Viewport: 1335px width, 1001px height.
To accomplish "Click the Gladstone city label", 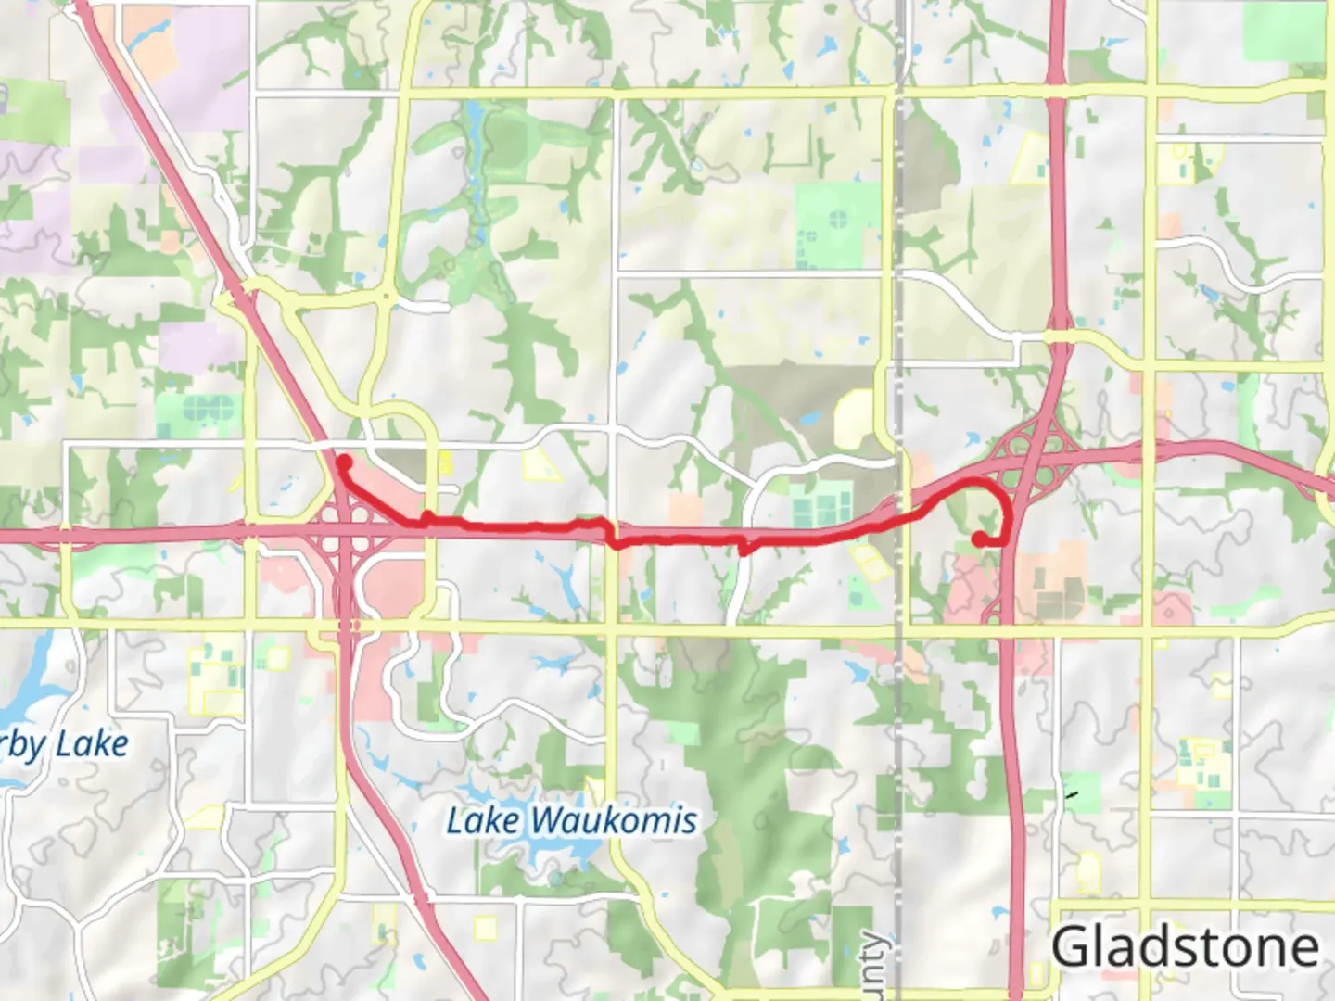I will click(x=1185, y=947).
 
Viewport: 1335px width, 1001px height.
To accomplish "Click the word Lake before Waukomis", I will click(x=482, y=821).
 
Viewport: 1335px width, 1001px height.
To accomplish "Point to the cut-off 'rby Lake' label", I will click(x=65, y=745).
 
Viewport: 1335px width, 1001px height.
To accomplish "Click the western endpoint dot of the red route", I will click(x=343, y=462).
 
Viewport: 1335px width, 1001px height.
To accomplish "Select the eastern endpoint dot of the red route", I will click(x=980, y=539).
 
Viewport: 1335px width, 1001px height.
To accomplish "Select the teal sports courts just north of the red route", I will click(x=821, y=506).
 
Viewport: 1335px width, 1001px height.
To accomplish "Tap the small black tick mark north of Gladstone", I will click(x=1073, y=794).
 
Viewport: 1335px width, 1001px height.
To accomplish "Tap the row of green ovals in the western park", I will click(x=209, y=407).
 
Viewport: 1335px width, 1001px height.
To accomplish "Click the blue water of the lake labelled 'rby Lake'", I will click(x=28, y=686).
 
